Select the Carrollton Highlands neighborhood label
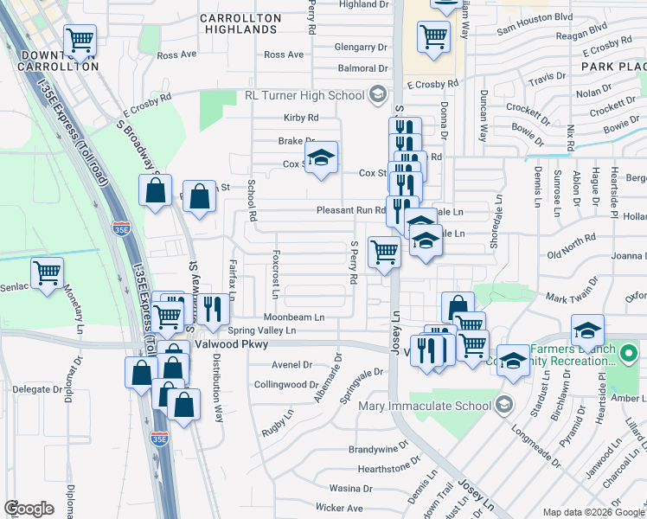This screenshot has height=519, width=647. click(240, 23)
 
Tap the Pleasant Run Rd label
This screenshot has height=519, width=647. click(350, 209)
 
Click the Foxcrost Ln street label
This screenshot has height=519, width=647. click(274, 275)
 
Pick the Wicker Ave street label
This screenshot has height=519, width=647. click(339, 508)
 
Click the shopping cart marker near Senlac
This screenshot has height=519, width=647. click(48, 272)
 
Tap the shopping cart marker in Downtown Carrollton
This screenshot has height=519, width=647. click(80, 38)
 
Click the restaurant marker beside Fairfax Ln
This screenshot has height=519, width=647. click(215, 309)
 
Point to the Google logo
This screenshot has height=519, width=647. click(29, 509)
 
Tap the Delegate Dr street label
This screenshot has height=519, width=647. click(26, 389)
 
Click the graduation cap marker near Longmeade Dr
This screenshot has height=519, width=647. click(513, 361)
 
